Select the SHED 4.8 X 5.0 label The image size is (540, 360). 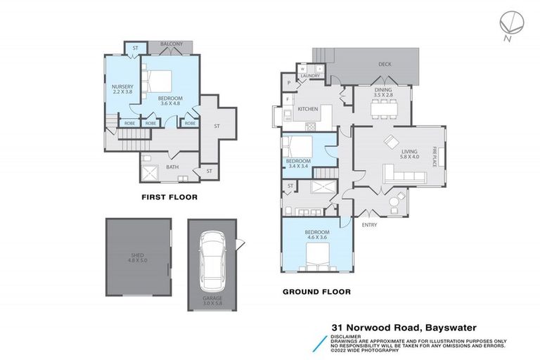[138, 257]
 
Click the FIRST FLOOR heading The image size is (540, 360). [169, 197]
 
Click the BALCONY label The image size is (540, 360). [172, 44]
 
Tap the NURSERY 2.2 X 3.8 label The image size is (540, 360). [122, 89]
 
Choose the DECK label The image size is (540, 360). [385, 64]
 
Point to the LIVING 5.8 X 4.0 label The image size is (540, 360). [409, 154]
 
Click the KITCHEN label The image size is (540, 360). [308, 109]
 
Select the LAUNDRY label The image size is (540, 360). [311, 76]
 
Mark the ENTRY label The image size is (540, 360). [369, 225]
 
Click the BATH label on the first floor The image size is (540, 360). [172, 167]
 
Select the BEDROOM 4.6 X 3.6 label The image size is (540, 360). [316, 235]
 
